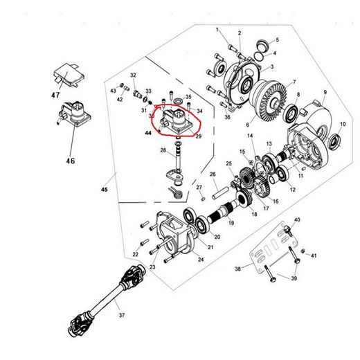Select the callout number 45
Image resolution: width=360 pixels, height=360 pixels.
point(105,188)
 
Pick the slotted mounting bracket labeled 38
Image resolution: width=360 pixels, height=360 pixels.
point(264,258)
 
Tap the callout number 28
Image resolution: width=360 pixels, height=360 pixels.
point(163,150)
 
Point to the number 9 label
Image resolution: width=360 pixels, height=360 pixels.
point(324,93)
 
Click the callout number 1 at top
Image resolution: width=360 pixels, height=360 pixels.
point(217,30)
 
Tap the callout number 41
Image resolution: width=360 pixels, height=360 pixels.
point(313,256)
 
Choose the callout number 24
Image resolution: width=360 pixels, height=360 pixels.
point(201,260)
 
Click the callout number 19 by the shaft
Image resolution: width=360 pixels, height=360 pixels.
point(231,223)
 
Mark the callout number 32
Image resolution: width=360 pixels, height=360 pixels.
point(133,75)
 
